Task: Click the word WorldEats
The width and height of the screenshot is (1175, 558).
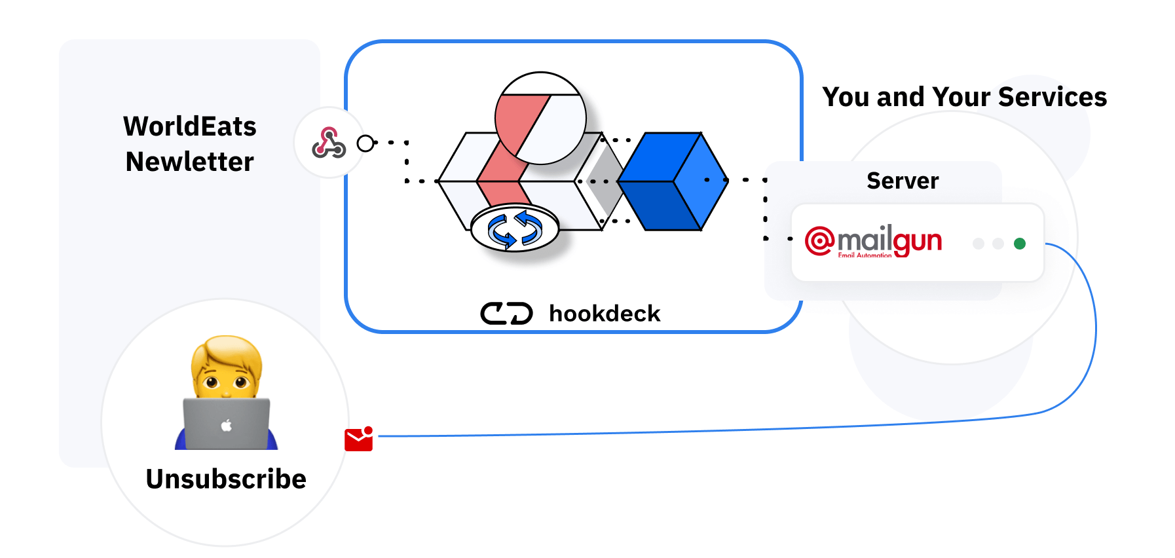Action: click(189, 126)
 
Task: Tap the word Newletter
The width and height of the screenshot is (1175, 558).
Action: click(189, 162)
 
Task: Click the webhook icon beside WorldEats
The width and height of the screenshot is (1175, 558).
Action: click(329, 143)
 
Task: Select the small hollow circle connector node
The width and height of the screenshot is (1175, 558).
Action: click(365, 143)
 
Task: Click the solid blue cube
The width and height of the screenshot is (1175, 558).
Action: click(673, 181)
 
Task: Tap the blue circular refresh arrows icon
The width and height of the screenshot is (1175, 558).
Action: click(515, 230)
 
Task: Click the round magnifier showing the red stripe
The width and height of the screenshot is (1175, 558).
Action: click(540, 118)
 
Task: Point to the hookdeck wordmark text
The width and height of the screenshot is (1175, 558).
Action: click(604, 314)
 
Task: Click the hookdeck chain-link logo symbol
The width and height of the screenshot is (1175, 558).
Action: click(506, 314)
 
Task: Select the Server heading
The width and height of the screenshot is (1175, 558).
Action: click(902, 181)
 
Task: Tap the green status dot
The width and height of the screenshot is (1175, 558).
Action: click(1019, 244)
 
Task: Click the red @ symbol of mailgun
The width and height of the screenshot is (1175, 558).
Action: click(819, 240)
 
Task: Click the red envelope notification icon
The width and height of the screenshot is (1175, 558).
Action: click(358, 439)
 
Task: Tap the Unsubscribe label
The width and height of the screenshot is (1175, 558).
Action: click(226, 479)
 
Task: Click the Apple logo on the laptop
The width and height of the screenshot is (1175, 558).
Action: click(227, 426)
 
